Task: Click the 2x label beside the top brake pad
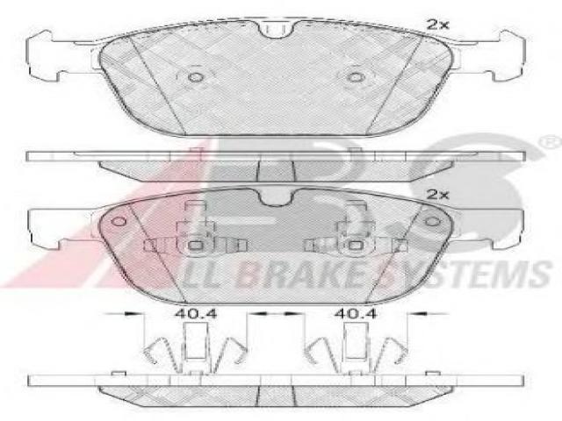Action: [437, 25]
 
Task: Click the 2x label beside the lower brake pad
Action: [437, 195]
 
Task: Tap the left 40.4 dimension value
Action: [196, 314]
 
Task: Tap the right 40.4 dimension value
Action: [356, 314]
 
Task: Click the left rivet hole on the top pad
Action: [196, 77]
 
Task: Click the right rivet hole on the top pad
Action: [356, 77]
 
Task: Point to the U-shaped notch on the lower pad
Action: [275, 199]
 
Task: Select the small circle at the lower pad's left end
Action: [119, 221]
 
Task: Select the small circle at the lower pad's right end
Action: [432, 221]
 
